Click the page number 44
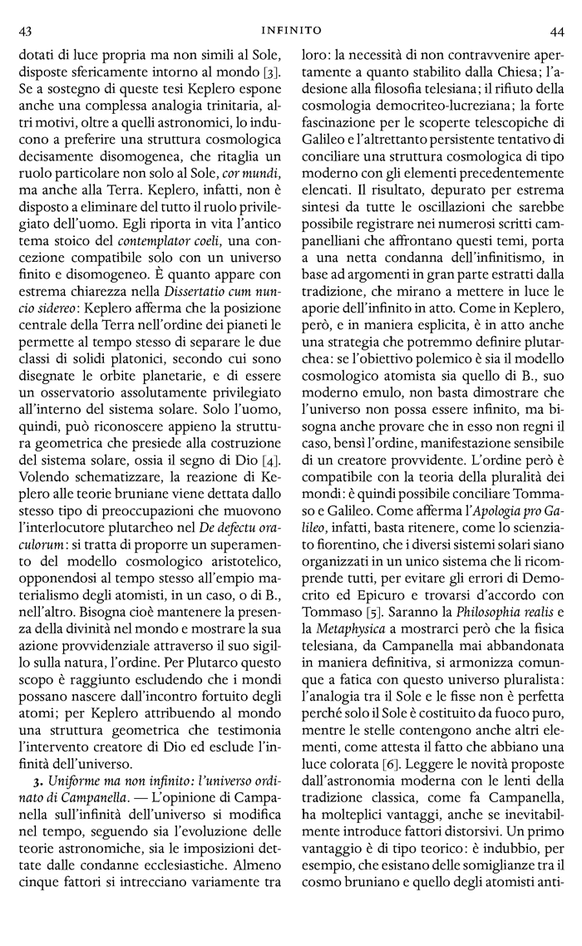[x=556, y=31]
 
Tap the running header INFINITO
[x=291, y=30]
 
